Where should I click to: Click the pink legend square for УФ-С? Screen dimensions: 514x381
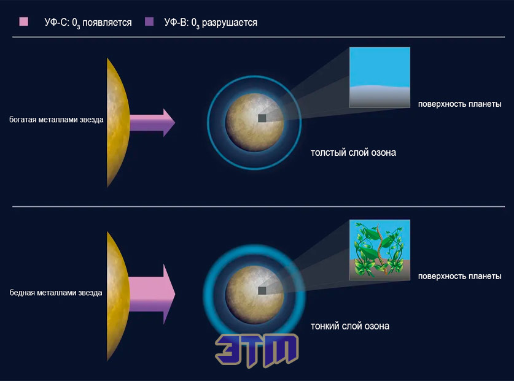(x=23, y=21)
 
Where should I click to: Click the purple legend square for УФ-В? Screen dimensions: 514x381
(x=149, y=21)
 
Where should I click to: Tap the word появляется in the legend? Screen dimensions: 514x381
(x=107, y=23)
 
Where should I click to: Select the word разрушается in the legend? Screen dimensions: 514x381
(x=230, y=23)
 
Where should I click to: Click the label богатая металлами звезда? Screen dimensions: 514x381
(x=56, y=120)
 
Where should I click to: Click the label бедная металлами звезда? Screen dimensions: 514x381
(x=56, y=293)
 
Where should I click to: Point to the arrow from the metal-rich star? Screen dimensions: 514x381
(x=152, y=123)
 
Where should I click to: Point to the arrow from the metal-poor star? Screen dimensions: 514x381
(x=152, y=294)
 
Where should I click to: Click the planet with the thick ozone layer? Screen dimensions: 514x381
(x=255, y=122)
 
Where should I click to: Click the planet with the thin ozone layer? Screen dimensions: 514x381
(x=255, y=294)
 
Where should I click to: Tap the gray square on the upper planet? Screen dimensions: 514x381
(x=262, y=118)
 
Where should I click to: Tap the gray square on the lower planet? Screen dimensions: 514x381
(x=262, y=291)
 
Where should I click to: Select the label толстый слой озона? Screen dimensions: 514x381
(x=353, y=153)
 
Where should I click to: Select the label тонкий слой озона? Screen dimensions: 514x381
(x=350, y=326)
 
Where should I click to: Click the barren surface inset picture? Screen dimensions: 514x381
(x=380, y=77)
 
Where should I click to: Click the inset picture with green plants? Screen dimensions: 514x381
(x=380, y=250)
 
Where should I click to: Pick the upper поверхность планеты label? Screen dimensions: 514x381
(x=459, y=104)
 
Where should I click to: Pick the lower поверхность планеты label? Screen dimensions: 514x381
(x=459, y=277)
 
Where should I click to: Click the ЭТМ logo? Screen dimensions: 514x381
(x=257, y=350)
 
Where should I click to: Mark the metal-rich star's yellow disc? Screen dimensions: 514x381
(x=117, y=123)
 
